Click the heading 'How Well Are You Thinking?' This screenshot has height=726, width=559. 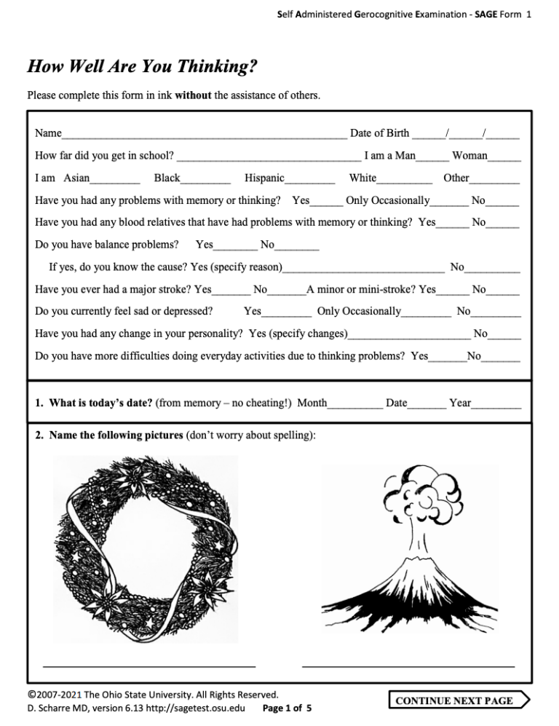click(x=142, y=68)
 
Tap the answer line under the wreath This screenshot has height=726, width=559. click(x=149, y=664)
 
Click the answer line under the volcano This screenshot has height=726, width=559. click(x=408, y=664)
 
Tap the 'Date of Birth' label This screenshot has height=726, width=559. click(x=379, y=133)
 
